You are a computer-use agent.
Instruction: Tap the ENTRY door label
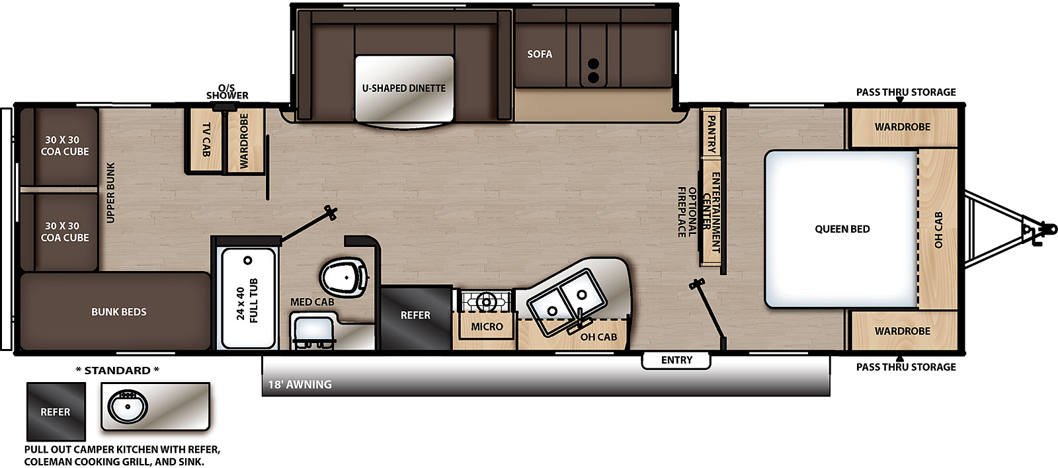tap(676, 360)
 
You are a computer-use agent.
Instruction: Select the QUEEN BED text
tap(842, 229)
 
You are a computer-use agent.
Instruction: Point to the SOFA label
tap(540, 54)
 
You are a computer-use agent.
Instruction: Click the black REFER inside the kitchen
tap(416, 317)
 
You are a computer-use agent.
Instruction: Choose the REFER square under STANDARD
tap(56, 411)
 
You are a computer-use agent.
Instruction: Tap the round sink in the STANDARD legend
tap(128, 406)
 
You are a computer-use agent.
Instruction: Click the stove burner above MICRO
tap(485, 301)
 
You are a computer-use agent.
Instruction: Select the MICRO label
tap(487, 327)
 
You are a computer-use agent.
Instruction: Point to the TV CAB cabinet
tap(206, 139)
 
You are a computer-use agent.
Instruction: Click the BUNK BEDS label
tap(118, 312)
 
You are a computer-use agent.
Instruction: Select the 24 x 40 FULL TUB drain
tap(247, 260)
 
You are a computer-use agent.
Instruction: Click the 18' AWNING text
tap(300, 385)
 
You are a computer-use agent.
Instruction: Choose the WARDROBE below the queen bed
tap(903, 331)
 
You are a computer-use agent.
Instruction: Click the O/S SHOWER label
tap(227, 92)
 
